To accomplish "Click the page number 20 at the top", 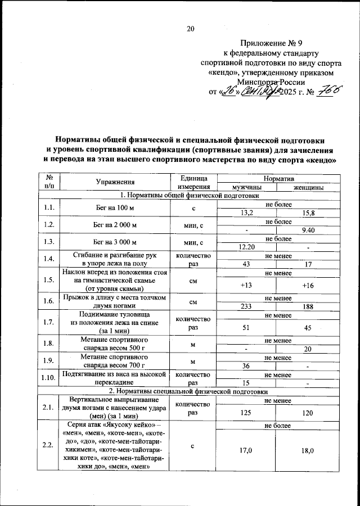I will tap(190, 29).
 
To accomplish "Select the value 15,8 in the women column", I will tap(308, 213).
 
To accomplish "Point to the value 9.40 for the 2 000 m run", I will tap(308, 229).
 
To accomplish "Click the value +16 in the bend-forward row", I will tap(308, 285).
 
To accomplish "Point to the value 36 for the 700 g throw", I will tap(246, 365).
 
